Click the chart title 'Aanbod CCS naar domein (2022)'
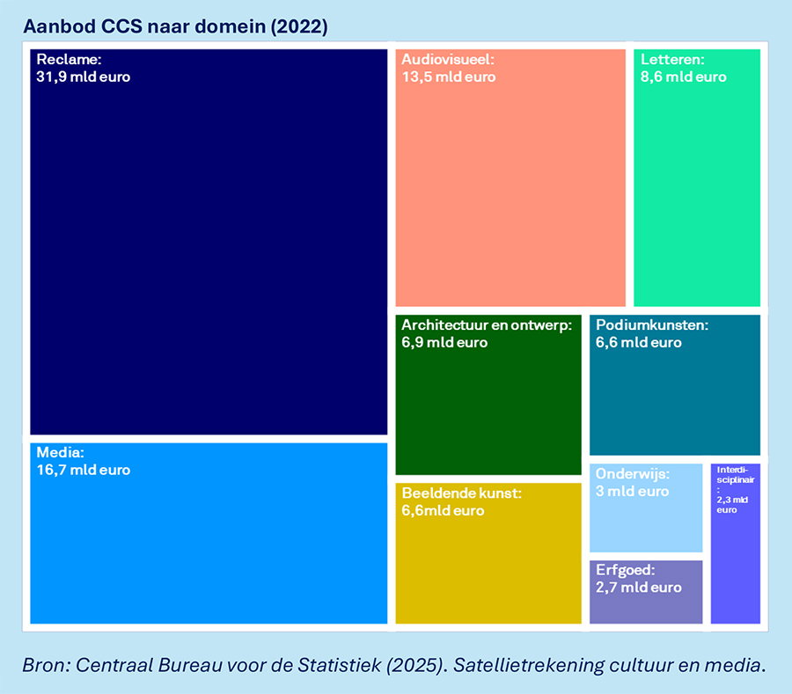[176, 27]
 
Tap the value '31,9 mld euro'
[84, 77]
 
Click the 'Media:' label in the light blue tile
[60, 453]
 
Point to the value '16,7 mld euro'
[84, 470]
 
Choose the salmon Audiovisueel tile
[510, 194]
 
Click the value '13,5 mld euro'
[449, 77]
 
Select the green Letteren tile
[696, 194]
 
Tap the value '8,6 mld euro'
[684, 77]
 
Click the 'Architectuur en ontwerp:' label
[487, 325]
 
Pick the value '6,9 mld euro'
[444, 342]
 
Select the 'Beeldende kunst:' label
[462, 493]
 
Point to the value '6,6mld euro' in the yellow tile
[443, 510]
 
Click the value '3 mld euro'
[633, 491]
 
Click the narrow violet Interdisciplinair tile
[736, 563]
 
